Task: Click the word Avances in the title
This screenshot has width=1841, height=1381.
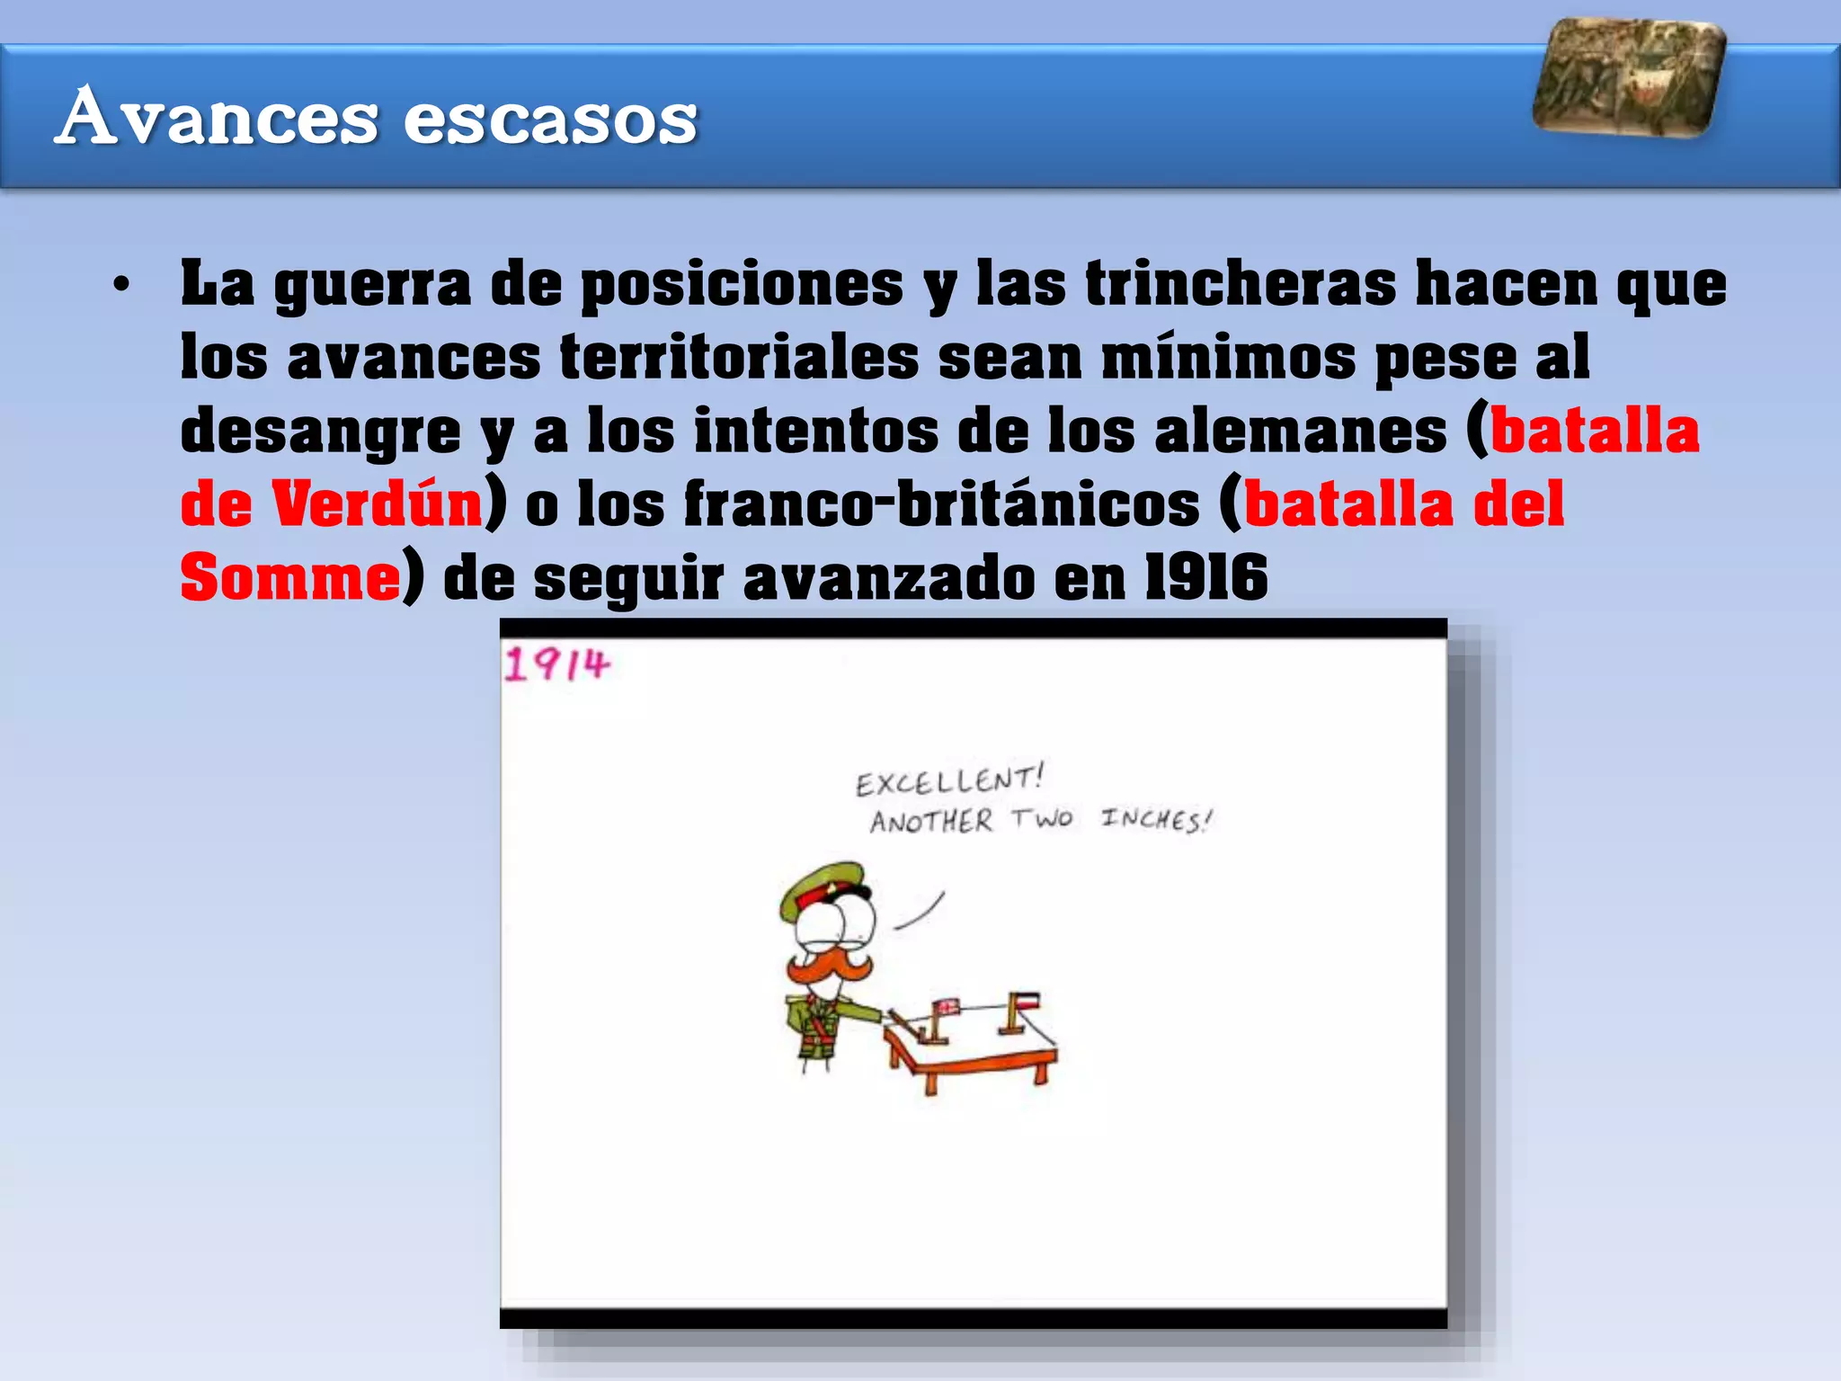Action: (x=216, y=117)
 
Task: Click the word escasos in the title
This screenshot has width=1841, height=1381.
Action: (x=550, y=119)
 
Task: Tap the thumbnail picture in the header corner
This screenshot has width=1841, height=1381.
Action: (x=1629, y=77)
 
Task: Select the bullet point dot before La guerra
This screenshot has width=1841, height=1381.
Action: (x=121, y=286)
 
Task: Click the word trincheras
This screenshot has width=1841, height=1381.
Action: (x=1241, y=284)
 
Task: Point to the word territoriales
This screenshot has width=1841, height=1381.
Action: (x=739, y=358)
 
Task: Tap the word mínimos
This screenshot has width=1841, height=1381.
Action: (x=1228, y=358)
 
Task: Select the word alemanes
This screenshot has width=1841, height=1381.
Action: (x=1300, y=432)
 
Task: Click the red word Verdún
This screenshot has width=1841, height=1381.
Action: (x=378, y=504)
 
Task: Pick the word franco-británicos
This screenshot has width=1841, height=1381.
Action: (x=941, y=504)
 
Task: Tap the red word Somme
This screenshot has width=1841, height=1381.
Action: (x=289, y=578)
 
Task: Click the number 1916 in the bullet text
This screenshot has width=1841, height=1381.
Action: (x=1205, y=578)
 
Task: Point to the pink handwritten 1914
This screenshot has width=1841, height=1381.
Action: (x=556, y=665)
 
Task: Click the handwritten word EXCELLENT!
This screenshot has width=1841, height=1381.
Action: (x=949, y=780)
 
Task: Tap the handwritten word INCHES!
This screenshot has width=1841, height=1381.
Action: (x=1156, y=819)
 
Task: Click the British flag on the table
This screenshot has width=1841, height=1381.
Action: (x=946, y=1008)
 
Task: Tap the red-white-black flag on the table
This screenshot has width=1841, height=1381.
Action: (x=1027, y=1001)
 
